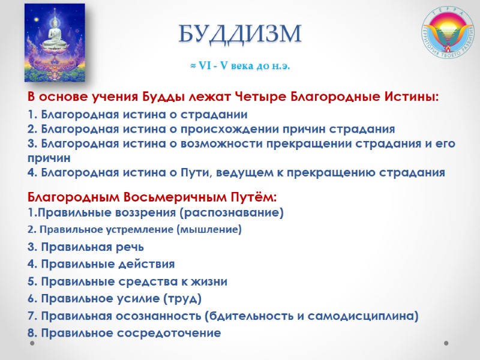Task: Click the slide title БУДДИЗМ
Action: [239, 33]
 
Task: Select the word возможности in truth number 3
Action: [218, 144]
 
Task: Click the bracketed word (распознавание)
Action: [237, 212]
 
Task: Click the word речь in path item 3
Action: [130, 247]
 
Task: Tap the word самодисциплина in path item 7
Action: [371, 316]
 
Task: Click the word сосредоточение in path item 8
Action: [172, 333]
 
